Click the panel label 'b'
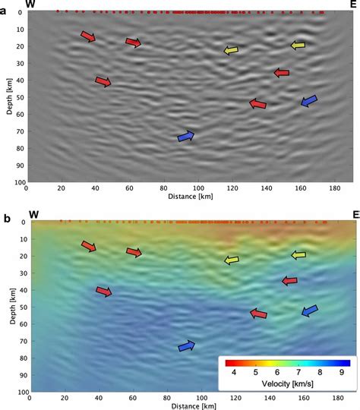(x=6, y=220)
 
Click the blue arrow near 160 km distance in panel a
(x=309, y=101)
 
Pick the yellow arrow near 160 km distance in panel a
(x=298, y=46)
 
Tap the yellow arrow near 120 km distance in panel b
(x=231, y=260)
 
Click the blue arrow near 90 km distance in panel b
(x=186, y=346)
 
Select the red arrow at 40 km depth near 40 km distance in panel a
(x=103, y=81)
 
